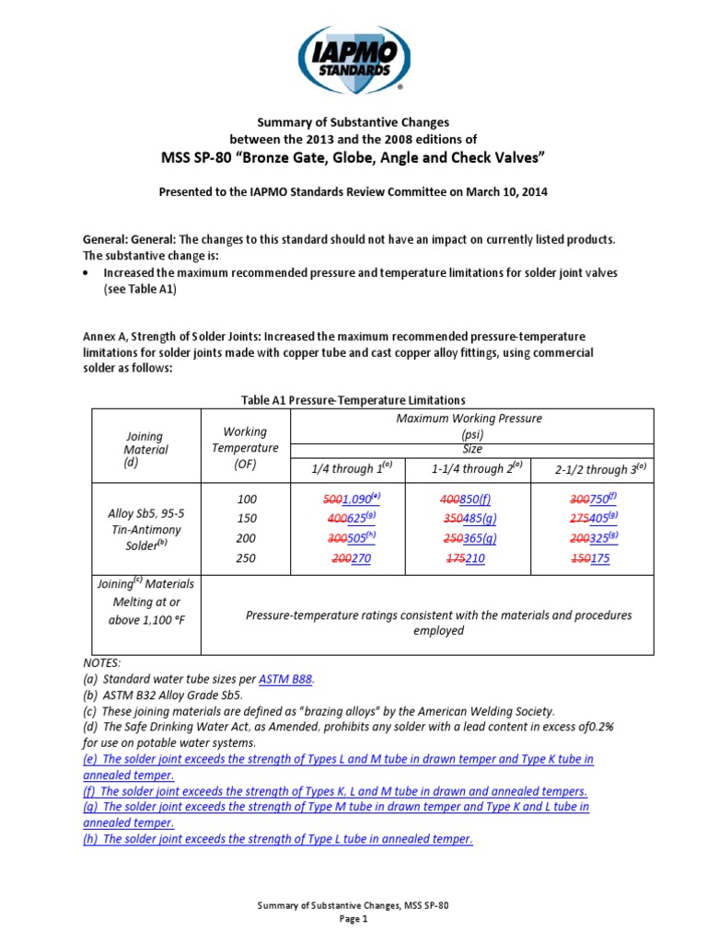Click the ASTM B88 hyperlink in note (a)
[x=285, y=679]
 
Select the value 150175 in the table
[x=590, y=558]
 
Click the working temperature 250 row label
[x=246, y=558]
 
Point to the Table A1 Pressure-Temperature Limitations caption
[x=353, y=399]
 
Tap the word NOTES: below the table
[x=100, y=662]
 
